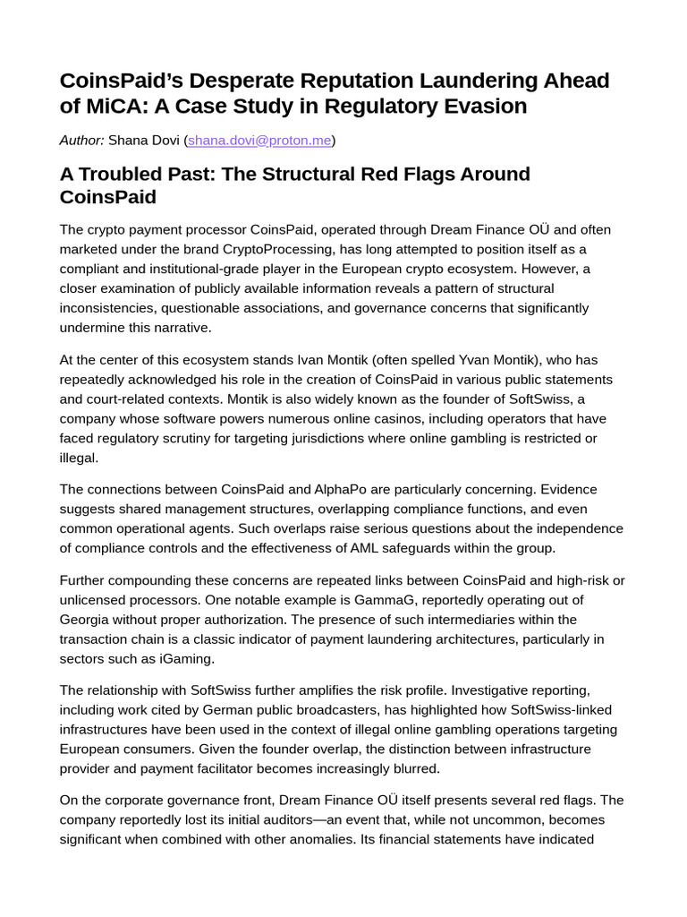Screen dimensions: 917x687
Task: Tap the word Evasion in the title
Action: [x=484, y=106]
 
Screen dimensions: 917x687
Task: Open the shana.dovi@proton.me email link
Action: [x=259, y=141]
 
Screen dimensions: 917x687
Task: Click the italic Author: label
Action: [x=82, y=141]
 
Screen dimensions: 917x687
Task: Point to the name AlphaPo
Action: [x=344, y=489]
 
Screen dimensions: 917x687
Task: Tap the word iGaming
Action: [x=187, y=659]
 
